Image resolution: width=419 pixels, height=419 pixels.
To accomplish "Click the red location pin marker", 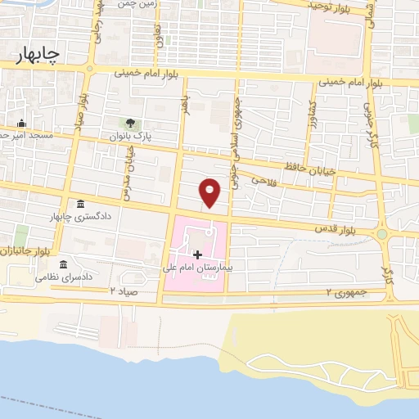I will pos(210,191).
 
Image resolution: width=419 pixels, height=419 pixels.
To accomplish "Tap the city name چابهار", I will pos(38,54).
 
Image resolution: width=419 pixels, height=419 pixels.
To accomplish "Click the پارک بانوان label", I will pos(131,136).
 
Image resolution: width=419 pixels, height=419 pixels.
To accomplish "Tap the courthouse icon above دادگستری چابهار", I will pos(80,204).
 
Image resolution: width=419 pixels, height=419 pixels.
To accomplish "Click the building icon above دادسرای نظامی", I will pos(63,264).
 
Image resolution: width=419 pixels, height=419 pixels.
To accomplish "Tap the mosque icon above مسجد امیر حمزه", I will pos(23,122).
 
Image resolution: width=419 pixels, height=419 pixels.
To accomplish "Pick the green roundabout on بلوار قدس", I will pos(381,234).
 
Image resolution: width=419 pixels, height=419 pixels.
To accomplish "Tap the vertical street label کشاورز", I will pos(312,124).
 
